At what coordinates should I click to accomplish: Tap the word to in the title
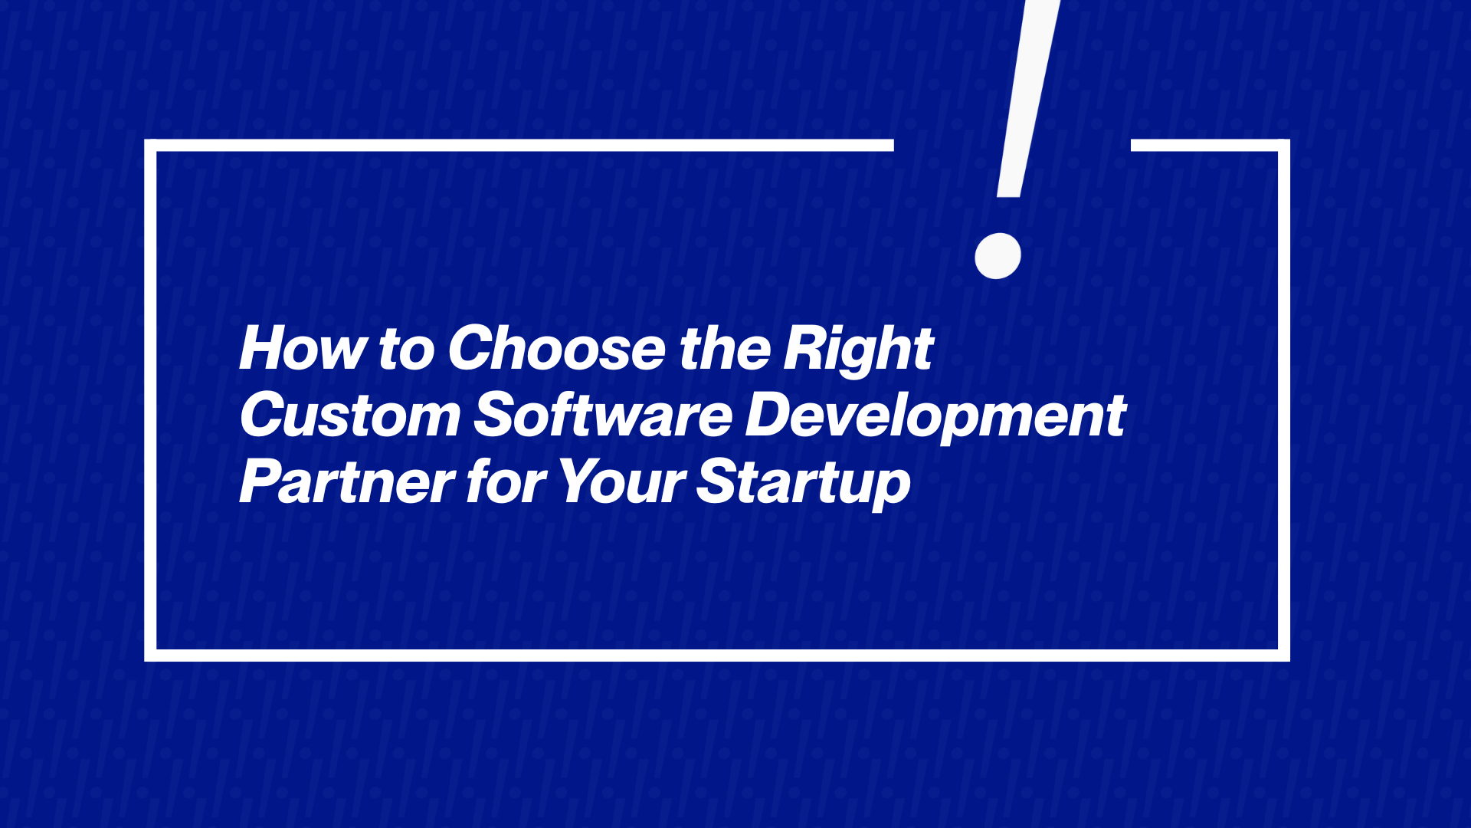(x=407, y=350)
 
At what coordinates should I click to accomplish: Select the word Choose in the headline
(x=557, y=348)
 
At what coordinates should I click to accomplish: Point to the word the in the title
(x=725, y=348)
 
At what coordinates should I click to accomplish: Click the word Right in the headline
(x=858, y=351)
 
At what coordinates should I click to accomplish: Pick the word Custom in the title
(x=350, y=415)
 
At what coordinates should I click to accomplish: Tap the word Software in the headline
(x=604, y=414)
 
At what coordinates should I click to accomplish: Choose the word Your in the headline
(x=621, y=481)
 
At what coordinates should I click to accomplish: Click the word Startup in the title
(x=804, y=484)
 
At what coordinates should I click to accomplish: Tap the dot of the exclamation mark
(x=998, y=255)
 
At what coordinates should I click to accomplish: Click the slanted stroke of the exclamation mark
(x=1028, y=98)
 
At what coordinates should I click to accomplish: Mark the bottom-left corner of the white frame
(x=150, y=655)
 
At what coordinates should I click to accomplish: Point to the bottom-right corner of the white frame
(x=1284, y=655)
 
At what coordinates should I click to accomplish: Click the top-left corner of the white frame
(x=150, y=145)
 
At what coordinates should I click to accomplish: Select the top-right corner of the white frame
(x=1284, y=145)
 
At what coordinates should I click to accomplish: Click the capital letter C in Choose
(x=470, y=348)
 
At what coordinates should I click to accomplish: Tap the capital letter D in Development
(x=773, y=415)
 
